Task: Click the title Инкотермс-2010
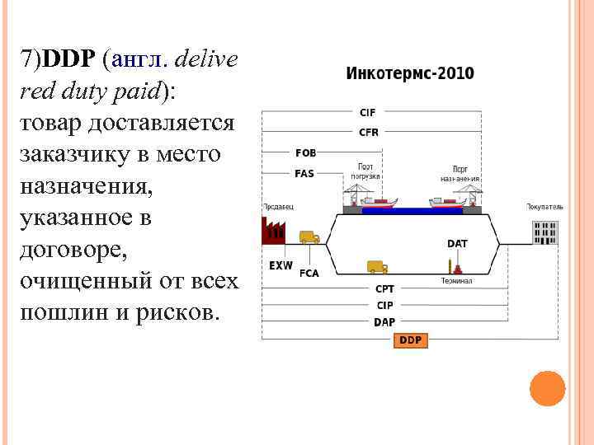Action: [409, 73]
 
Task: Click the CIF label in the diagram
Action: [368, 113]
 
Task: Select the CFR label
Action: [368, 132]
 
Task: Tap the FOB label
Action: [305, 152]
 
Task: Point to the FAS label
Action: [304, 173]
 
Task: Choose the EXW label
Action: [280, 265]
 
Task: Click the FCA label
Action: [309, 273]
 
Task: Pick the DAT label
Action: [457, 243]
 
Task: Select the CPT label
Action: [384, 288]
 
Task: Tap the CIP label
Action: [384, 305]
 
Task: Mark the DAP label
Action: [384, 322]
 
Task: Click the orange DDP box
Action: [410, 340]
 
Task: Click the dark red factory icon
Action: [272, 230]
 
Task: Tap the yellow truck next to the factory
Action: [309, 237]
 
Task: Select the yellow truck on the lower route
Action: [377, 266]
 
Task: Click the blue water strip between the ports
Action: [412, 210]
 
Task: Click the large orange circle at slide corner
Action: [547, 388]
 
